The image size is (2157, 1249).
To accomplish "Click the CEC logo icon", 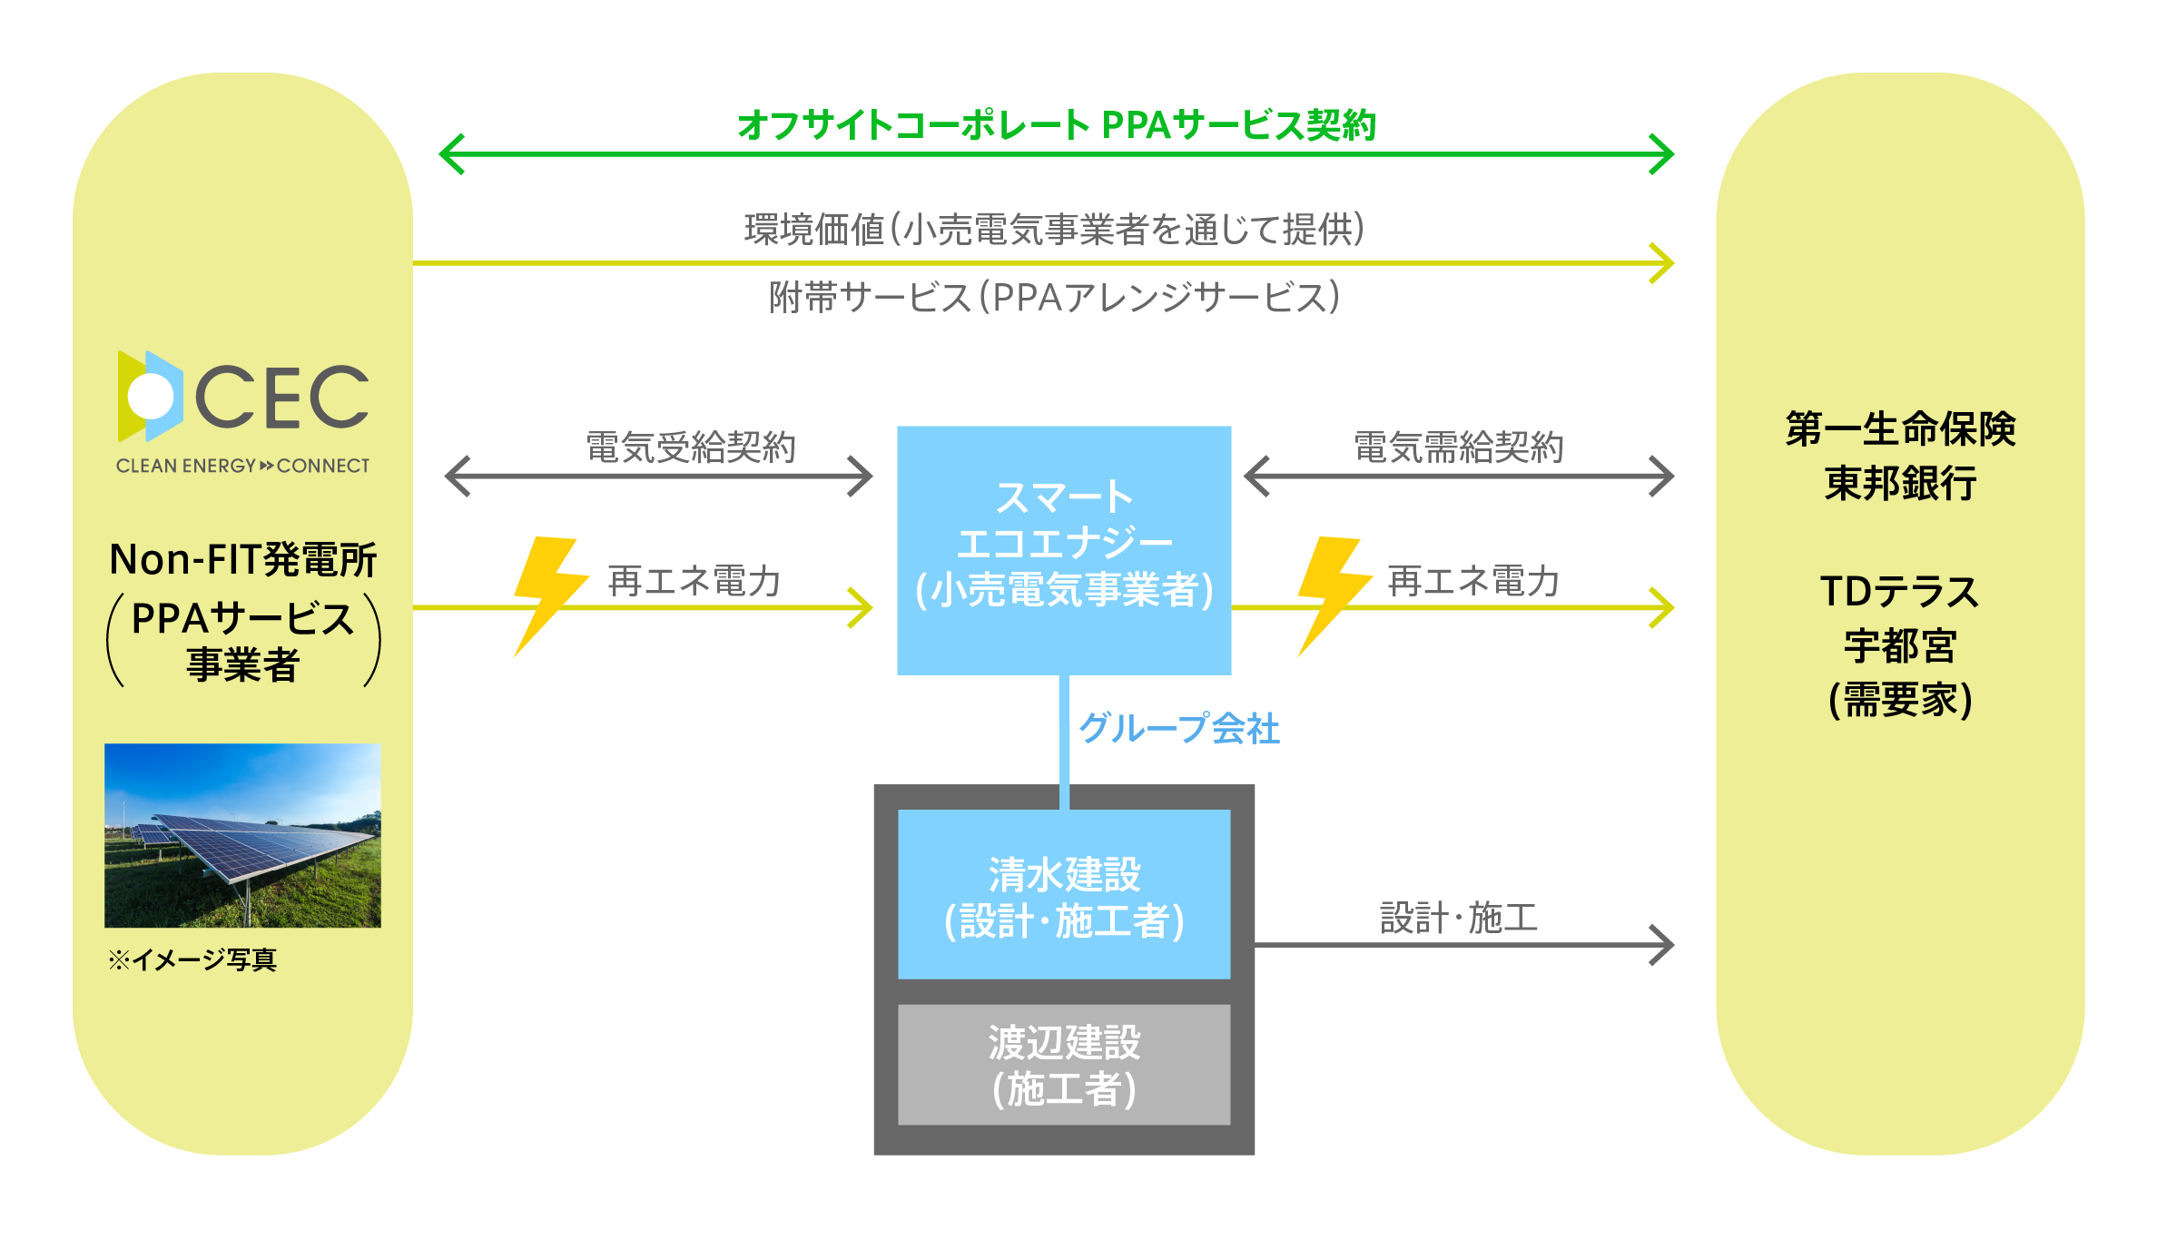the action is coord(151,397).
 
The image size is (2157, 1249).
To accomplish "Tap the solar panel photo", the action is coord(242,835).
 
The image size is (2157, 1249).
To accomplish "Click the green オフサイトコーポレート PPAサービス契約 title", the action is coord(1057,125).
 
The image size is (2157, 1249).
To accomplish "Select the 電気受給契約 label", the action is coord(691,447).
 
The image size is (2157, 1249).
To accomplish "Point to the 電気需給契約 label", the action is coord(1459,447).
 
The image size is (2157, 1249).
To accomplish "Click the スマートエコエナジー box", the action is coord(1064,550).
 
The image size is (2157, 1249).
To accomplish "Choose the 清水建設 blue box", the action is coord(1064,894).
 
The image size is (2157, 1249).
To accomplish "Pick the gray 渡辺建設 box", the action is coord(1064,1065).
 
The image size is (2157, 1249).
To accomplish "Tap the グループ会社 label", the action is coord(1179,728).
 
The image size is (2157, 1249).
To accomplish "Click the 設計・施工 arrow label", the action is coord(1459,918).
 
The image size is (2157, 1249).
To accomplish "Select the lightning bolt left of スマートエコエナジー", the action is coord(546,595).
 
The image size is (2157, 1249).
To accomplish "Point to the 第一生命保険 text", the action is coord(1901,428).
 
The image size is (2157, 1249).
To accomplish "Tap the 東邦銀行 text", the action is coord(1901,483).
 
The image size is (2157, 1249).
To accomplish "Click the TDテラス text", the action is coord(1900,592).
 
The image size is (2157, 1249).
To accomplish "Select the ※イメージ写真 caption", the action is coord(192,959).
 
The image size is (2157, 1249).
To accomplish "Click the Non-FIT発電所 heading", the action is coord(243,559).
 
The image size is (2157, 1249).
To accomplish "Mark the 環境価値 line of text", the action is coord(1055,229).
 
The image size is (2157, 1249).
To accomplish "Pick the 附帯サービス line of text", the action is coord(1055,297).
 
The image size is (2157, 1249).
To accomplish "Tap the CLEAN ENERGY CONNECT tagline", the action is coord(242,466).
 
